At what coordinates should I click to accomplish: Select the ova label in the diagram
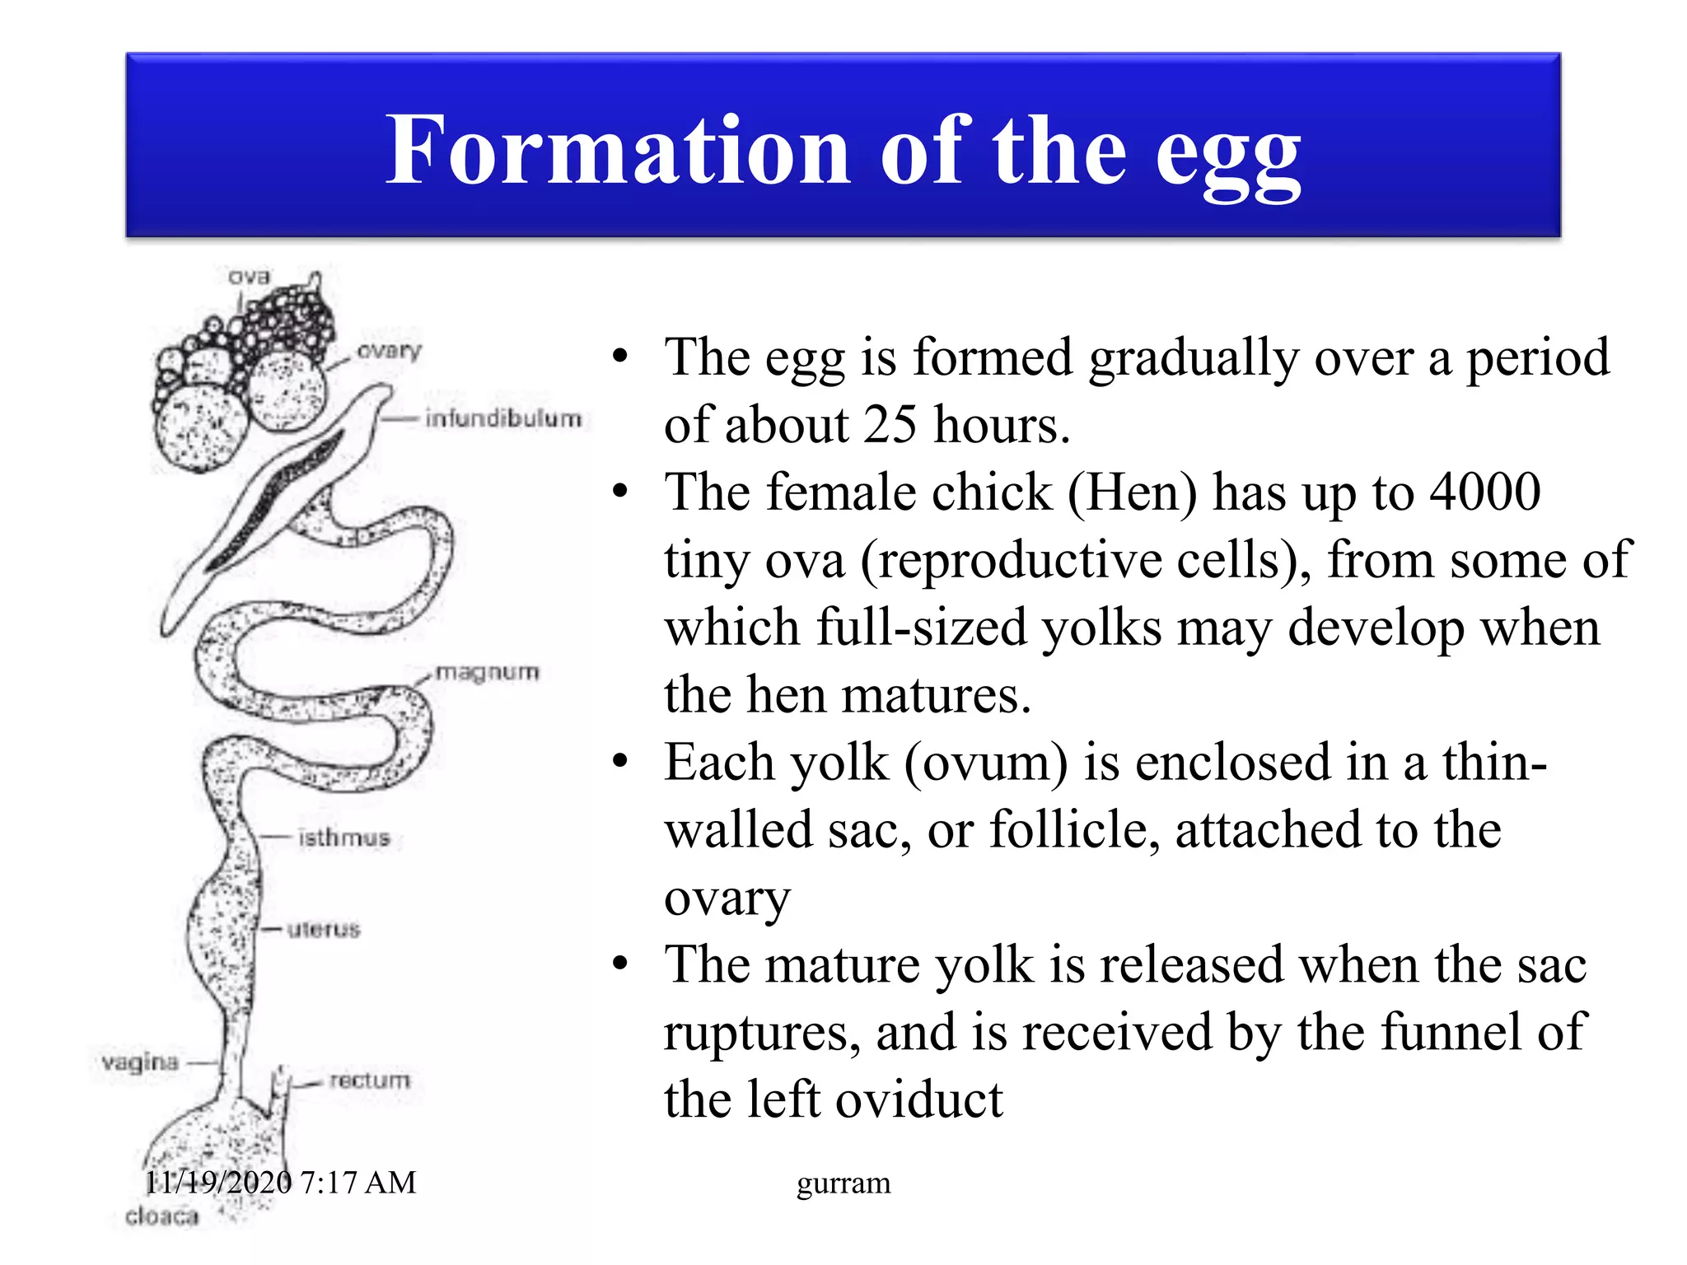tap(249, 277)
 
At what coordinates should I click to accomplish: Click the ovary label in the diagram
tap(389, 351)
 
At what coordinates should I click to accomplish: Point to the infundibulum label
tap(503, 418)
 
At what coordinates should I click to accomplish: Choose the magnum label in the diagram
tap(487, 673)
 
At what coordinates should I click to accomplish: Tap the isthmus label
tap(343, 838)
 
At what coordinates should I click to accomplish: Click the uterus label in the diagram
tap(324, 930)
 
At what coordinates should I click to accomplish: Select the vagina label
tap(140, 1062)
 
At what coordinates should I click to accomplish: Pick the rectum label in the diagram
tap(369, 1080)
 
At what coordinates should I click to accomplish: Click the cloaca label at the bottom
tap(161, 1216)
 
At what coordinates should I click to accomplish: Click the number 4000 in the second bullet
tap(1484, 492)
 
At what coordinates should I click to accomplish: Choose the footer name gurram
tap(843, 1183)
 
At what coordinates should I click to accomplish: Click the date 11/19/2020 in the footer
tap(218, 1183)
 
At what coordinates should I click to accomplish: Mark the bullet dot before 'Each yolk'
tap(620, 762)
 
